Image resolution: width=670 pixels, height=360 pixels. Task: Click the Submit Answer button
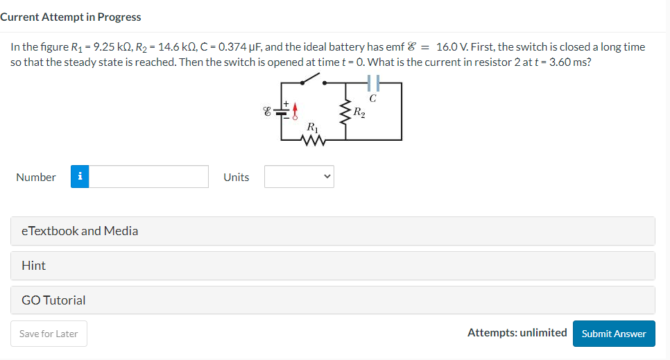(614, 334)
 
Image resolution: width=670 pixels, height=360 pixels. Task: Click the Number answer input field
(148, 177)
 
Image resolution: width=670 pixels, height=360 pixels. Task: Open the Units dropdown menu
(299, 177)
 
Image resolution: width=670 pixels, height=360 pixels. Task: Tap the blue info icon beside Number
(80, 177)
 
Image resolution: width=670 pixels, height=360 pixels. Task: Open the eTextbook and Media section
(332, 231)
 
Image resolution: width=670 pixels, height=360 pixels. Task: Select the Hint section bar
(332, 266)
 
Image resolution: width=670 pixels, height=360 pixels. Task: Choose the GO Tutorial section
(332, 300)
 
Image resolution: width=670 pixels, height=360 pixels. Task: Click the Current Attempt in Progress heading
(71, 17)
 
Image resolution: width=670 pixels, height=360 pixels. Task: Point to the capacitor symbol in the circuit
(373, 83)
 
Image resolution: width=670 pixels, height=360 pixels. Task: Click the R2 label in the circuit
(359, 112)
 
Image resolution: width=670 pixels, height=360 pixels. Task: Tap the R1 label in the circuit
(313, 127)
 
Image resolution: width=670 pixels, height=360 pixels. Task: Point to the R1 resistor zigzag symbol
(313, 139)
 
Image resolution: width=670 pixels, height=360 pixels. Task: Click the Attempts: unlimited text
(517, 333)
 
